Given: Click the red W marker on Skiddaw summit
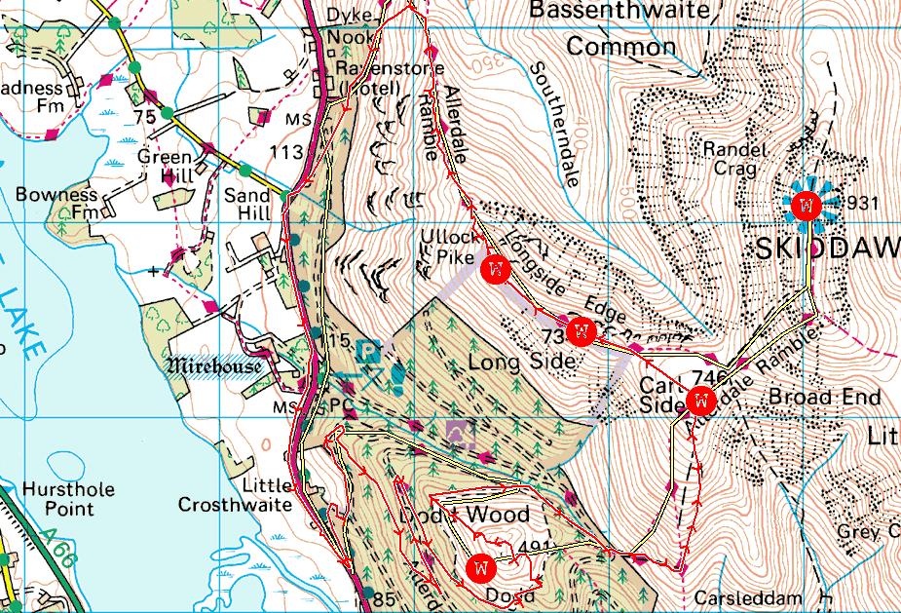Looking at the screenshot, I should [x=806, y=206].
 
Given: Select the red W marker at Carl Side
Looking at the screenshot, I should [x=701, y=401].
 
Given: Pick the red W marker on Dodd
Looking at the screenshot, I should [x=481, y=566].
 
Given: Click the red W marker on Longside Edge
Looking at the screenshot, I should [x=582, y=332].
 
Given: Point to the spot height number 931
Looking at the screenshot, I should [x=865, y=204].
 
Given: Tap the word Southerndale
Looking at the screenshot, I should [x=556, y=125].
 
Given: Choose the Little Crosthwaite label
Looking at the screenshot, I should [x=235, y=495].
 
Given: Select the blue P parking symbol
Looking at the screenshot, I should [x=367, y=350].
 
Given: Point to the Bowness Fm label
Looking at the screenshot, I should [x=59, y=202].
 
